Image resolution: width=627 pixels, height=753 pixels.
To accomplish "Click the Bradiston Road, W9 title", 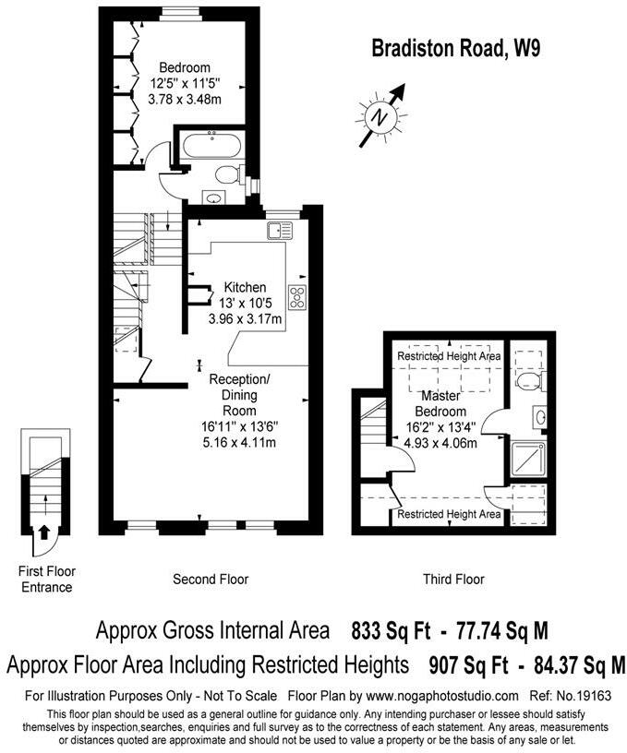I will point(442,49).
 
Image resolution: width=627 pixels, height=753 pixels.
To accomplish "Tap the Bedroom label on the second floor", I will point(184,67).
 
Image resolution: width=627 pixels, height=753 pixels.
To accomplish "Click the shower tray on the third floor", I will point(529,460).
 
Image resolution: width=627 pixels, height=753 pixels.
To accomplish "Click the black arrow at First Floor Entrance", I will point(42,532).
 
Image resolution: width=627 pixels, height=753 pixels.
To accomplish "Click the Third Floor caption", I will point(453,580).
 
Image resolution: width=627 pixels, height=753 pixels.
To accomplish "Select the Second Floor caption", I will point(211,580).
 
